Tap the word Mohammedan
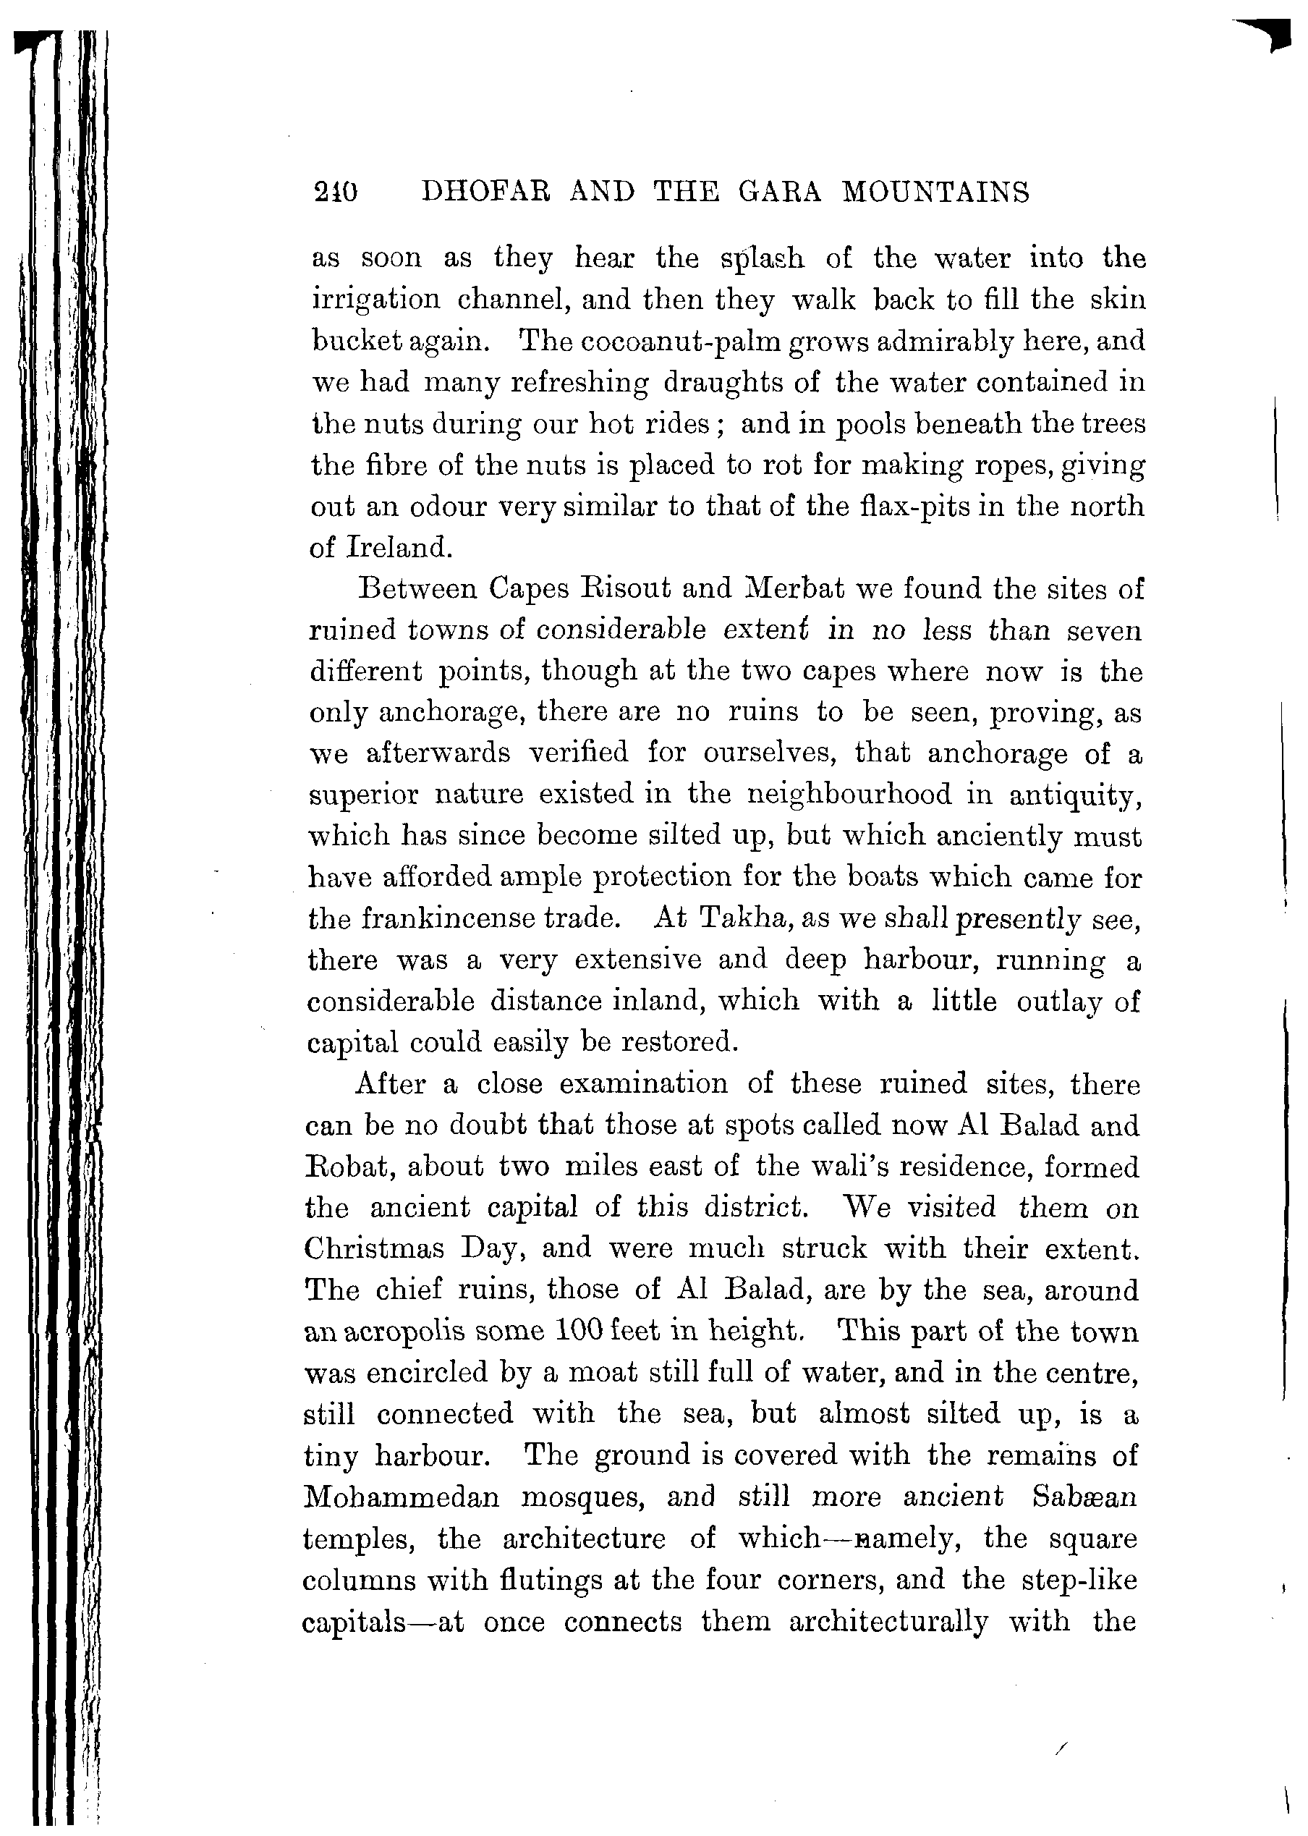[401, 1497]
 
